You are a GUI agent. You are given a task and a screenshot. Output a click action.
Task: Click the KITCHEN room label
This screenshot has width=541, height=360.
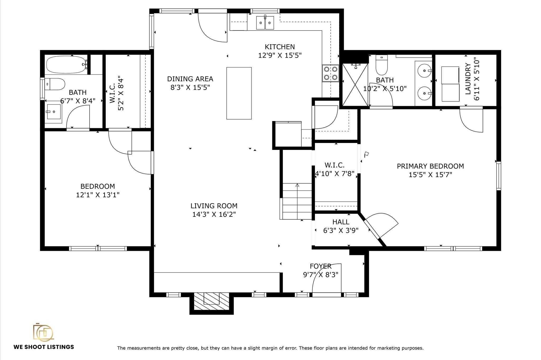tap(280, 47)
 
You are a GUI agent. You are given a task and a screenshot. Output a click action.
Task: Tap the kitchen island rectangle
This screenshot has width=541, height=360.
tap(239, 93)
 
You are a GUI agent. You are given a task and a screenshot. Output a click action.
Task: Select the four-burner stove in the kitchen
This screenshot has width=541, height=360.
tap(330, 73)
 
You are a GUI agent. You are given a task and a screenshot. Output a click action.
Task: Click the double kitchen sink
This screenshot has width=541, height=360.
tap(265, 23)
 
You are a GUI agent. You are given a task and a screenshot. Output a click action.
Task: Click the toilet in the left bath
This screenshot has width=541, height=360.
tap(55, 84)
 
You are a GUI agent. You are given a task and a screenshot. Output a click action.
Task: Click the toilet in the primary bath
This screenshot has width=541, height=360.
tap(381, 65)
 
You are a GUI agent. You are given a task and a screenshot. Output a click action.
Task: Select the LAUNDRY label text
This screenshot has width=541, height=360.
tap(468, 79)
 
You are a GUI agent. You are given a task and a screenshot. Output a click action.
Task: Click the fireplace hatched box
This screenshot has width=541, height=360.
tap(212, 301)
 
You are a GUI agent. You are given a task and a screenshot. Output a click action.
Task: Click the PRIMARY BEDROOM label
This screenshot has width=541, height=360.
tap(430, 166)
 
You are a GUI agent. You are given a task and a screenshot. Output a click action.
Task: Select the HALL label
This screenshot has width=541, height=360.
tap(341, 222)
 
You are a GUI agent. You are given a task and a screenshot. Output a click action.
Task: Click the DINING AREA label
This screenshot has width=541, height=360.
tap(190, 79)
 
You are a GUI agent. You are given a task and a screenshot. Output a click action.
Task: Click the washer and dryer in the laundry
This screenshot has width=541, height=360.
tap(450, 84)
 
